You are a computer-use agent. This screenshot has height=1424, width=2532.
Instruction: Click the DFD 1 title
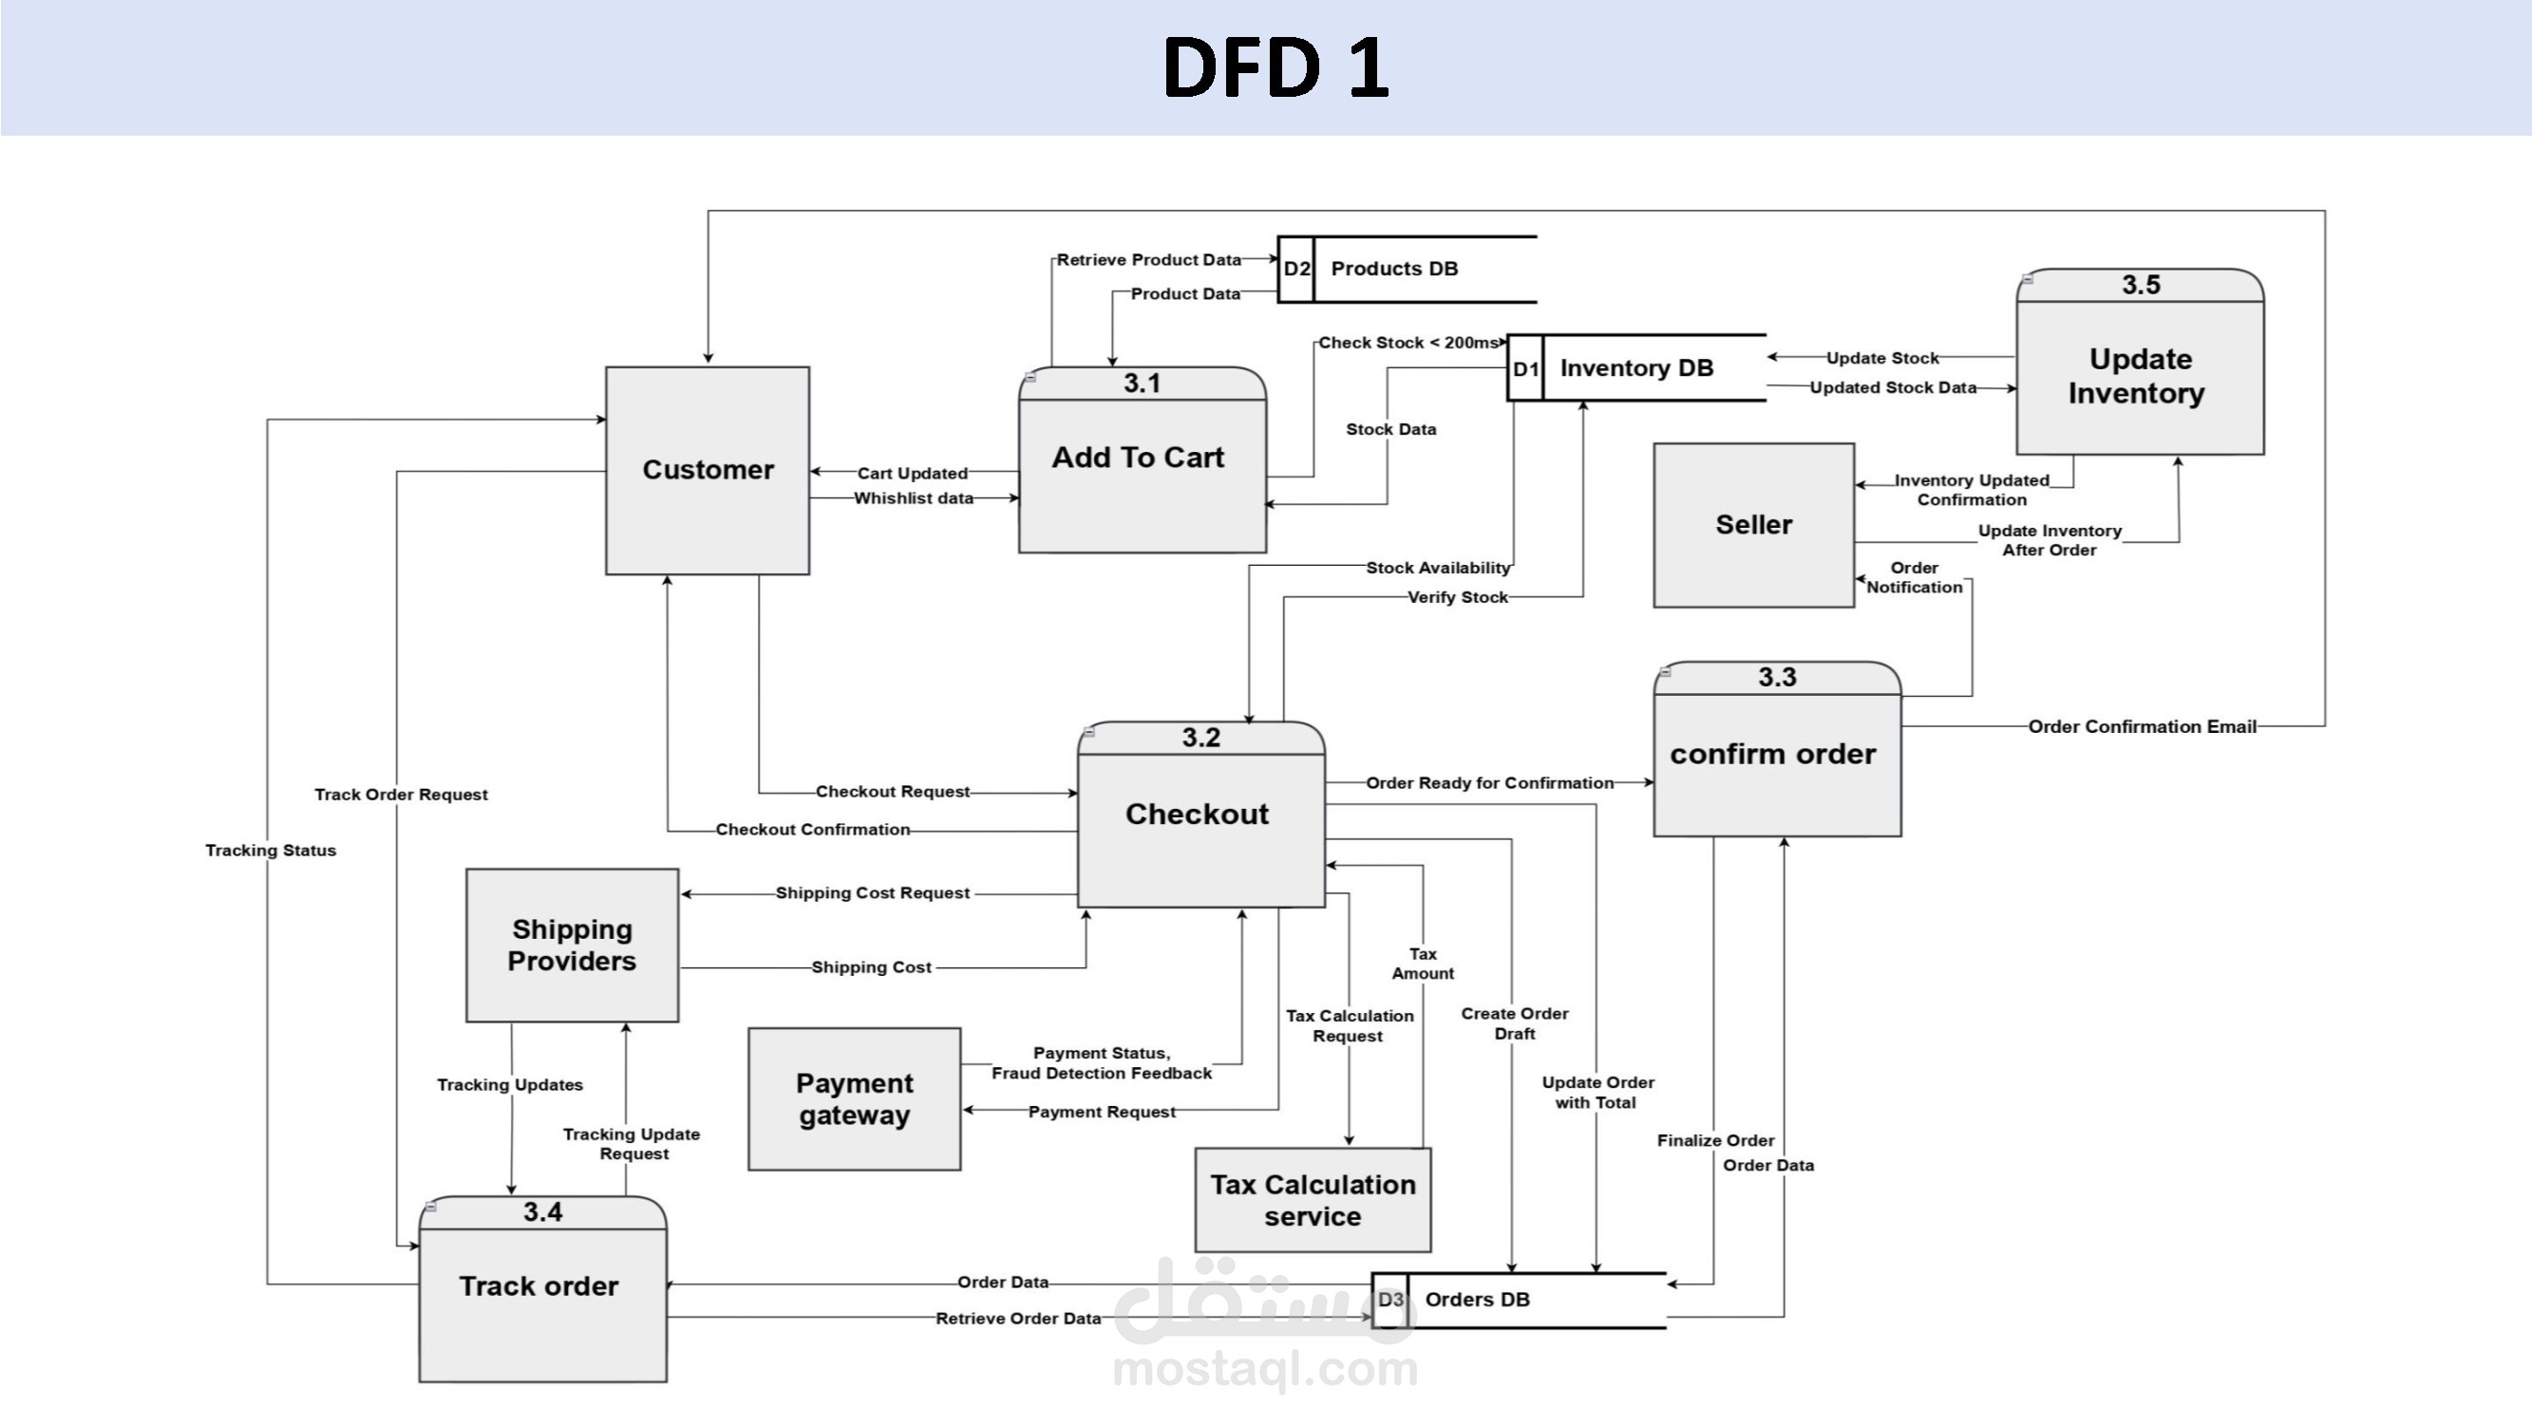pos(1275,67)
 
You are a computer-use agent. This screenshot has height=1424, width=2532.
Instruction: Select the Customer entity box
pos(707,470)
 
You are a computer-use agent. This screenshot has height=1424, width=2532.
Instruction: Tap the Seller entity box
pos(1753,525)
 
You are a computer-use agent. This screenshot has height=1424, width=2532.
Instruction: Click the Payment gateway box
pos(854,1098)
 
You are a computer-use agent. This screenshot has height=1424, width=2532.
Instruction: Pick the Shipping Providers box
pos(572,945)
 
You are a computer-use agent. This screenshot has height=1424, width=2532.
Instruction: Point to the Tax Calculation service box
pos(1313,1200)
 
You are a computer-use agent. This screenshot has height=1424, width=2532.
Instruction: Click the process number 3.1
pos(1143,384)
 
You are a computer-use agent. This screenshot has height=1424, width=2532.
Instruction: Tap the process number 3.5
pos(2140,285)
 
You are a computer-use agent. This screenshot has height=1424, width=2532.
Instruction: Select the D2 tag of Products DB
pos(1295,270)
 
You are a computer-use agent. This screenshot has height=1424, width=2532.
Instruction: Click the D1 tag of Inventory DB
pos(1524,368)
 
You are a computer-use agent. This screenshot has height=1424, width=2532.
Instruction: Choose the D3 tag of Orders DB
pos(1389,1300)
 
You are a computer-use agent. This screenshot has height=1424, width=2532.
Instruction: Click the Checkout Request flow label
pos(893,791)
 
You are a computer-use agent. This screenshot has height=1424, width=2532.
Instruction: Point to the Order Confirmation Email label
pos(2142,727)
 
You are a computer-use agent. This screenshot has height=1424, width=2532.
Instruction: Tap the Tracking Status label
pos(271,850)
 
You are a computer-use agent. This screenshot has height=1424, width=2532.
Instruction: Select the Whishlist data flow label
pos(913,498)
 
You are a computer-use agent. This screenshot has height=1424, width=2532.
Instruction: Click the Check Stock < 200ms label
pos(1408,343)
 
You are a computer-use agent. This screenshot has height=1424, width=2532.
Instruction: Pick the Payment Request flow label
pos(1101,1112)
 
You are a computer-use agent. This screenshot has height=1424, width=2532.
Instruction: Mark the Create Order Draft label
pos(1514,1023)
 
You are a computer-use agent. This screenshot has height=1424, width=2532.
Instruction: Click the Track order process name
pos(539,1285)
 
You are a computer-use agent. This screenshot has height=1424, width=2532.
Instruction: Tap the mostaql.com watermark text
pos(1265,1368)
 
